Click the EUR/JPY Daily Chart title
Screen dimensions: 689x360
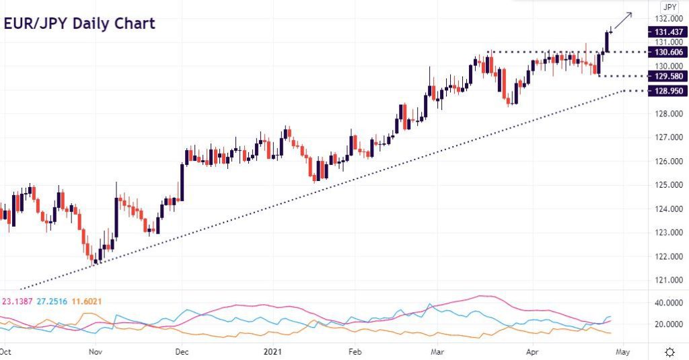[79, 24]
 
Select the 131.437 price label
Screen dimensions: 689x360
[668, 32]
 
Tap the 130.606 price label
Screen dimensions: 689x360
[668, 52]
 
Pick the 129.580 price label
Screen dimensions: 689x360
[668, 77]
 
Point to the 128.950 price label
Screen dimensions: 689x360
[668, 91]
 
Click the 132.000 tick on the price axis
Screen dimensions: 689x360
[669, 19]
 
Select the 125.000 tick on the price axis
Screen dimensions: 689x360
[669, 185]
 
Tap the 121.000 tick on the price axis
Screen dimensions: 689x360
[669, 280]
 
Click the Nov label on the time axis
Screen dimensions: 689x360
[96, 352]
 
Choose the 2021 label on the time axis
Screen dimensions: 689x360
[273, 352]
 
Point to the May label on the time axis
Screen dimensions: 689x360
[622, 352]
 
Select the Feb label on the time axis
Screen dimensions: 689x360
[355, 352]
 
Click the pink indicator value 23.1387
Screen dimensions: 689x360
[17, 301]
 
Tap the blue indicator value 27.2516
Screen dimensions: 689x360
[52, 301]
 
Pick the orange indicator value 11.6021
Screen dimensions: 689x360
[87, 301]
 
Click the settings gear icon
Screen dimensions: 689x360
[670, 352]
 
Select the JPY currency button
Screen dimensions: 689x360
[669, 7]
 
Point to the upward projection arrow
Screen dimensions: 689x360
[623, 21]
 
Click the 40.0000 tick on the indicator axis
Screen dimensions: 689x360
[669, 303]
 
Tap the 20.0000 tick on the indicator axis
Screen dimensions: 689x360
[669, 324]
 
